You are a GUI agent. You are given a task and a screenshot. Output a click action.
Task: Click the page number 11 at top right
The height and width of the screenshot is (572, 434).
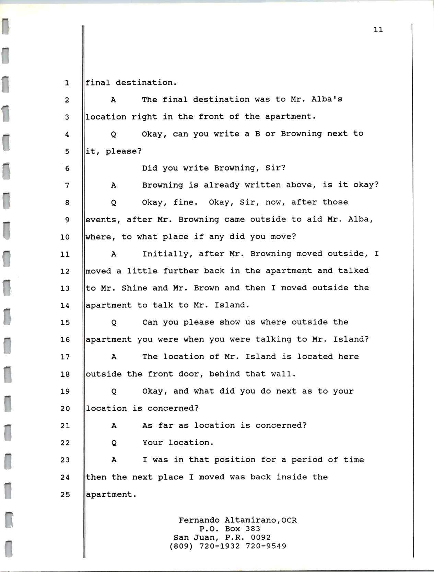pos(378,30)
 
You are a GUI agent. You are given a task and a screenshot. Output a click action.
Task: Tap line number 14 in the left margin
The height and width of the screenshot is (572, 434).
pos(65,305)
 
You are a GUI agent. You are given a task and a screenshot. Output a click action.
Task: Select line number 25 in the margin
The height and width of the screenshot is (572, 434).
pos(65,494)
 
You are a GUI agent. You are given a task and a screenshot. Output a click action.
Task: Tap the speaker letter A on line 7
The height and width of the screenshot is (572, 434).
pos(114,185)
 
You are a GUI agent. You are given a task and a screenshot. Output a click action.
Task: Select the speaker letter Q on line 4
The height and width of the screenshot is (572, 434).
pos(114,134)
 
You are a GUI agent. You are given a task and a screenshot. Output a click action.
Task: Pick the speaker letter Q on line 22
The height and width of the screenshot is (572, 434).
pos(114,443)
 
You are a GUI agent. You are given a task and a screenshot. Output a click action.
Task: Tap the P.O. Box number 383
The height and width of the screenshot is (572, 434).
pos(253,529)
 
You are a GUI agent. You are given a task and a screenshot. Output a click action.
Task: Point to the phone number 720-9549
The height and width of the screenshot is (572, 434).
pos(266,546)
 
